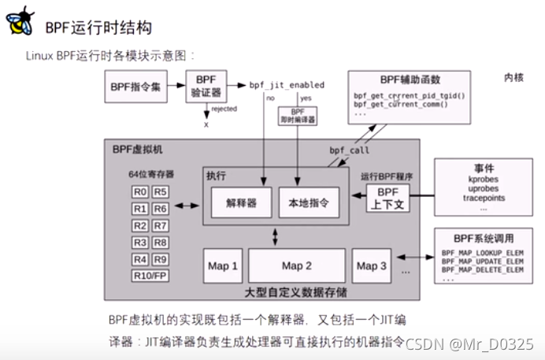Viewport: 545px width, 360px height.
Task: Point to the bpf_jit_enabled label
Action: (x=287, y=84)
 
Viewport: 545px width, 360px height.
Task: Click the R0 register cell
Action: (x=139, y=191)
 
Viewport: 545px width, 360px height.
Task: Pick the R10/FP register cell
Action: (x=150, y=276)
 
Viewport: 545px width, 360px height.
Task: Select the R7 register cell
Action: (x=160, y=225)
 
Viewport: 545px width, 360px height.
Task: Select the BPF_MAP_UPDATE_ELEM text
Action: (x=482, y=260)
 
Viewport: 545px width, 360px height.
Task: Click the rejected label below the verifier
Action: (x=224, y=109)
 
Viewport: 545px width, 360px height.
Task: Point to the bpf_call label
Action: (x=349, y=150)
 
